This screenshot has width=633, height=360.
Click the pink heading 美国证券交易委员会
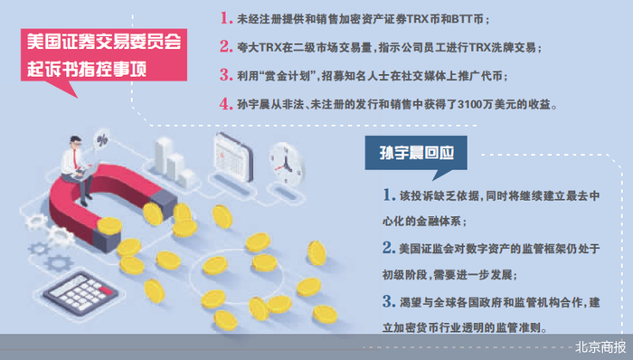(x=104, y=42)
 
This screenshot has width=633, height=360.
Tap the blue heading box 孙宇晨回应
(x=416, y=153)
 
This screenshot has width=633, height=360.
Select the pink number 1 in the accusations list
(x=226, y=18)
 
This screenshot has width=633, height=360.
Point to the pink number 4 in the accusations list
(x=226, y=104)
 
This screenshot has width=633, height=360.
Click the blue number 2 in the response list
(x=389, y=248)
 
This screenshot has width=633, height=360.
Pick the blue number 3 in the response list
(x=389, y=301)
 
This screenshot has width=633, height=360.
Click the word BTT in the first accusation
(x=461, y=19)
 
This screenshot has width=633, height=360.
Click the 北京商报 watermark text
(x=600, y=347)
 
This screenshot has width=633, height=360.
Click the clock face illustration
(x=286, y=164)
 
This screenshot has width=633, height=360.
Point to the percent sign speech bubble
(x=101, y=139)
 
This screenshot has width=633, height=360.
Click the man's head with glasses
(x=75, y=142)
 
